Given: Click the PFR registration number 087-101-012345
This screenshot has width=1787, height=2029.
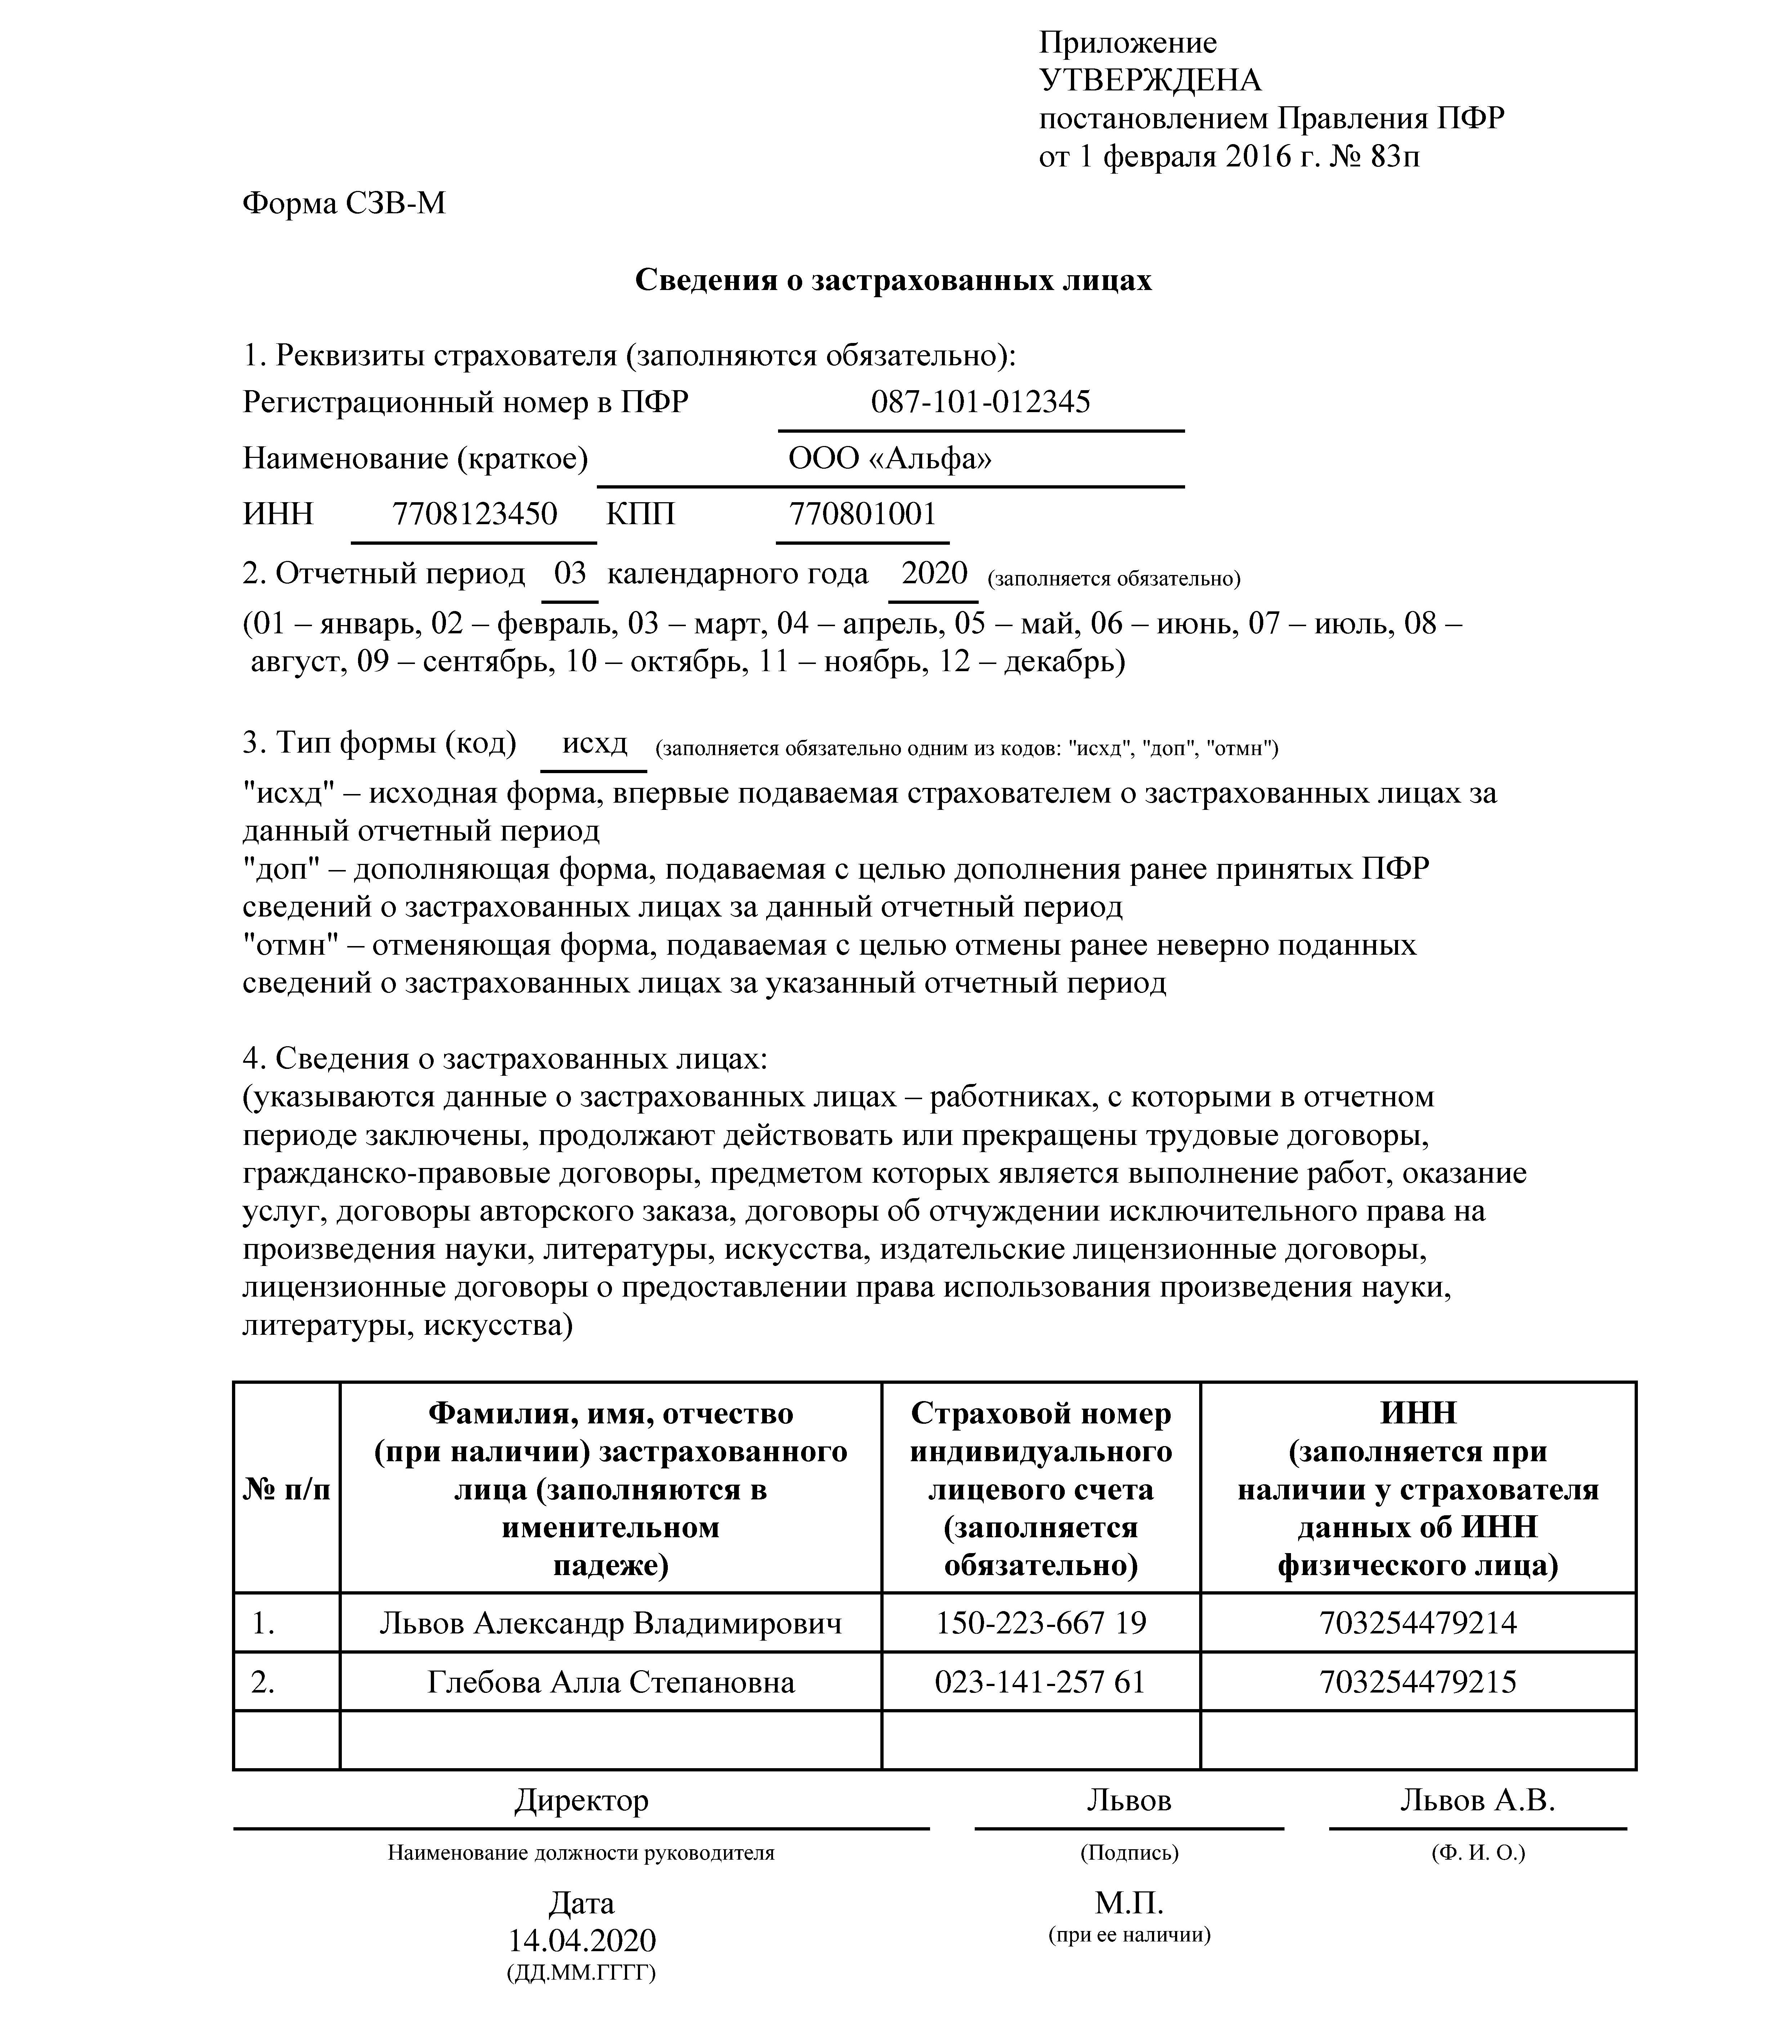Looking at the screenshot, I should point(980,402).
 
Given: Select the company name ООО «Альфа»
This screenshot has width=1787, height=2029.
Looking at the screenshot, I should point(889,459).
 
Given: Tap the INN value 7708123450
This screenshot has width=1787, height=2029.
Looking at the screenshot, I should point(474,514).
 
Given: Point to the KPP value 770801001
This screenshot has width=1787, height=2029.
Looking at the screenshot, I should point(862,514).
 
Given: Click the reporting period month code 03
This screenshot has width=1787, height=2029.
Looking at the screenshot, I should point(570,574).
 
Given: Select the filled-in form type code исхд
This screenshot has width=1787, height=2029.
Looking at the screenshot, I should point(595,744).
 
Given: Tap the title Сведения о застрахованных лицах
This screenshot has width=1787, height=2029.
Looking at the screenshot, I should point(893,281).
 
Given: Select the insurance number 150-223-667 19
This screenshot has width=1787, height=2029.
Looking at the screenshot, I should point(1040,1623).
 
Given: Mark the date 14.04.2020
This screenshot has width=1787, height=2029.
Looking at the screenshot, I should point(582,1941).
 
